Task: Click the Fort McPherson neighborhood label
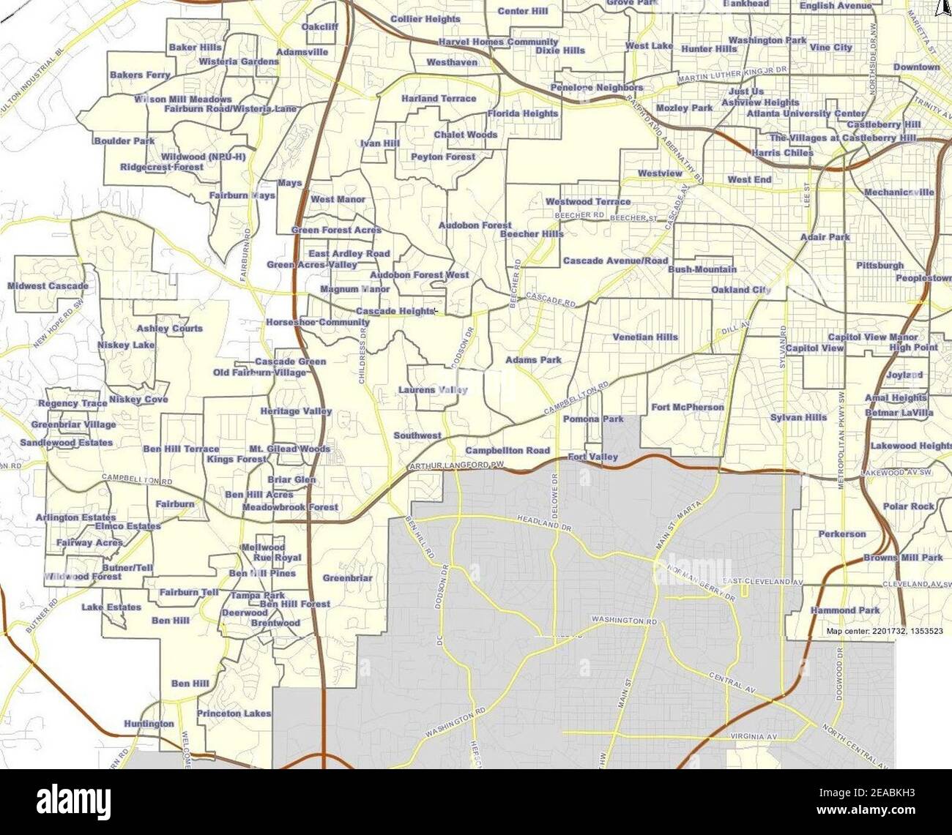tap(687, 407)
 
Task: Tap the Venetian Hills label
tap(645, 337)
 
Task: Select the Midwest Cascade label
tap(48, 285)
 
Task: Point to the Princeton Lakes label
tap(234, 713)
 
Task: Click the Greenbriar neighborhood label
tap(348, 578)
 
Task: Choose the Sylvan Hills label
tap(798, 417)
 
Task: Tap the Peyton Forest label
tap(443, 157)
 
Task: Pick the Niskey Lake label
tap(126, 345)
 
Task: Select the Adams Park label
tap(533, 360)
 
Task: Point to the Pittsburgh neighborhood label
tap(880, 266)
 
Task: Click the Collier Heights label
tap(425, 19)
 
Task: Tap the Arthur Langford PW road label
tap(458, 466)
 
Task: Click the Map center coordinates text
tap(884, 631)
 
